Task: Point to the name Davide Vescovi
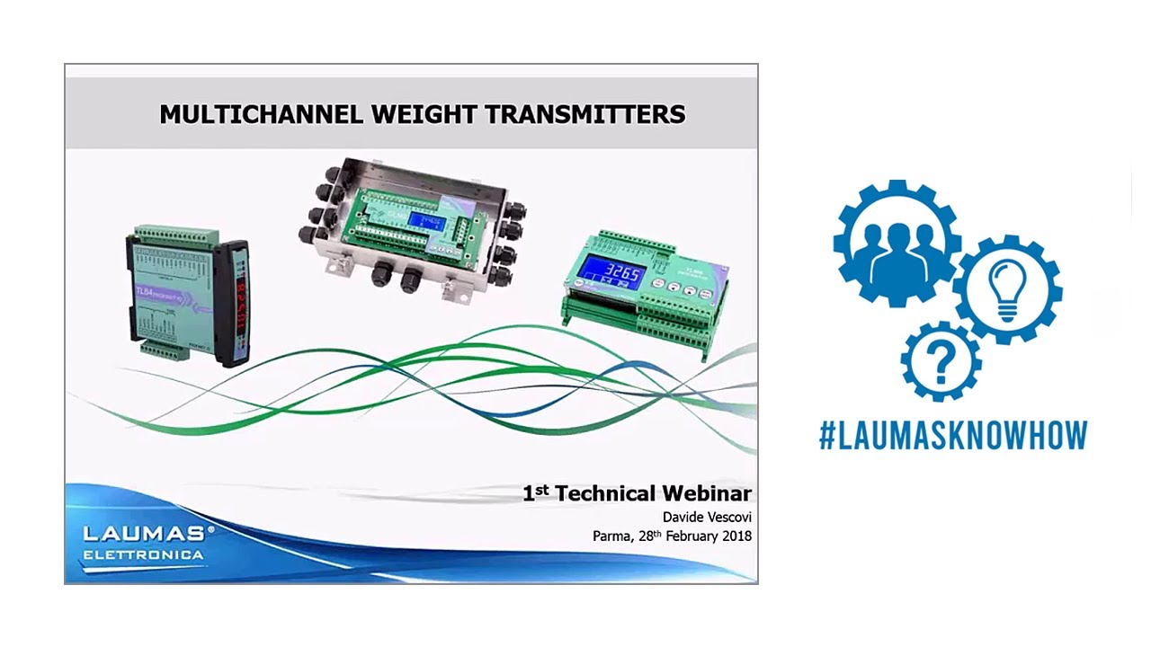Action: point(707,517)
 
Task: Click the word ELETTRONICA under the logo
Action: point(144,555)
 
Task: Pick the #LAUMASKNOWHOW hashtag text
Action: point(953,435)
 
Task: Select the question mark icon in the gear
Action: point(941,361)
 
